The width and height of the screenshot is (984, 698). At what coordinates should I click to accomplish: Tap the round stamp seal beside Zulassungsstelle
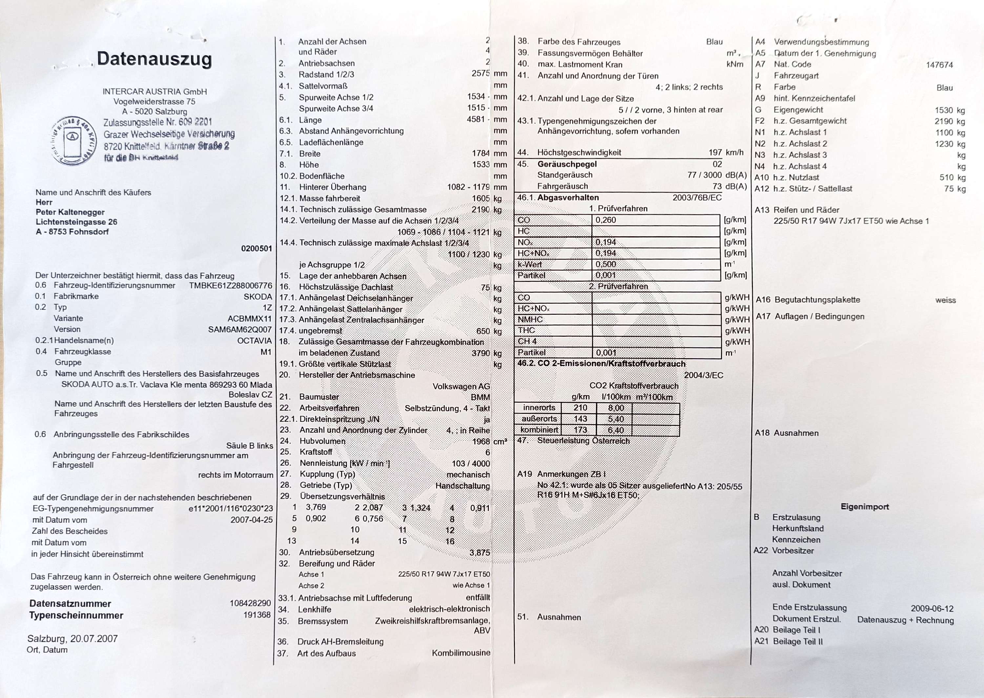73,141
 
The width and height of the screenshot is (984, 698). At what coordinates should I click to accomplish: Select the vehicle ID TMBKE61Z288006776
230,285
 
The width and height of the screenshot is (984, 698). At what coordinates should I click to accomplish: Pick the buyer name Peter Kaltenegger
70,212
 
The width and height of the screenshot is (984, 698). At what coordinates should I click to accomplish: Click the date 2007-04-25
252,520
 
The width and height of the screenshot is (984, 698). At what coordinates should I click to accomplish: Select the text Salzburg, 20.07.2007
72,639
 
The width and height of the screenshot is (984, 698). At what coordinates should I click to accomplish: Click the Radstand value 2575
480,73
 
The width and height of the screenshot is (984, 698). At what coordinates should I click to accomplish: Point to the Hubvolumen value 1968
481,441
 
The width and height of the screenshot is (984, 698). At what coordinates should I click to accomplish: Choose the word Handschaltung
462,486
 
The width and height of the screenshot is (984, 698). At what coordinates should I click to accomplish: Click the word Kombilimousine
461,653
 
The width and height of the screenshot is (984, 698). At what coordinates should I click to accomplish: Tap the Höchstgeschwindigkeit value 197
715,152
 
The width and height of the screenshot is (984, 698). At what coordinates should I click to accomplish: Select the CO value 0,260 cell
606,220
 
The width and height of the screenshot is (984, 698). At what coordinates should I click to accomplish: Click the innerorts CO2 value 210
580,408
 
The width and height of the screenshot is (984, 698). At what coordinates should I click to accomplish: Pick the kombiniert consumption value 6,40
616,430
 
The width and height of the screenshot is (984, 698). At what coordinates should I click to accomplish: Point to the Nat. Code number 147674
939,65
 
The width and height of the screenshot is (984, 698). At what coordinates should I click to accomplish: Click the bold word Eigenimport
865,507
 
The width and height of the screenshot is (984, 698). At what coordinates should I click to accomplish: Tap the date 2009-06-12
932,608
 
